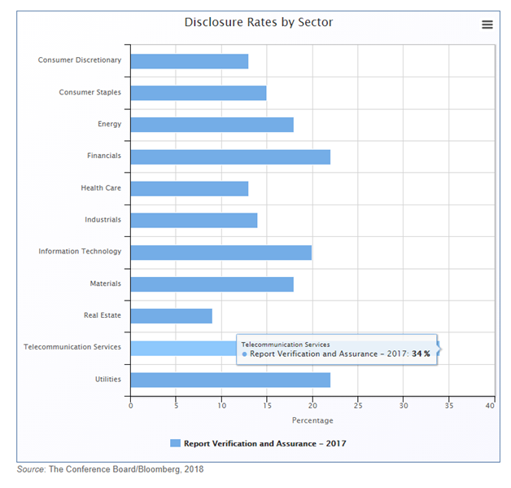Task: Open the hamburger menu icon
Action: (x=487, y=24)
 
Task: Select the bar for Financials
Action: (x=230, y=156)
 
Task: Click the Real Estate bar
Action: (x=171, y=315)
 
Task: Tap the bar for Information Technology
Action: (x=221, y=252)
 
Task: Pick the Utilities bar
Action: (x=230, y=379)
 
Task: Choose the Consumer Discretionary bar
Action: (x=189, y=61)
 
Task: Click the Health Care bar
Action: (x=189, y=188)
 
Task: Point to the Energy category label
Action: (x=109, y=124)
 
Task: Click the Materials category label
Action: (x=105, y=284)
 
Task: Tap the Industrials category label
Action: (x=103, y=220)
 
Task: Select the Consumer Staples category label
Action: (x=90, y=92)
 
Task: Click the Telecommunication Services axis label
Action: (x=72, y=347)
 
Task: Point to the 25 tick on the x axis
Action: (x=357, y=405)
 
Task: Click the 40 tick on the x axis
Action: (x=489, y=405)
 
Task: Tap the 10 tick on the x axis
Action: (x=221, y=405)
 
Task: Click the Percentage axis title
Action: (x=312, y=420)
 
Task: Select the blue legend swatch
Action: (x=175, y=443)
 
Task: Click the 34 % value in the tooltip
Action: (x=421, y=354)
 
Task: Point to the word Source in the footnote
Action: (x=30, y=469)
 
